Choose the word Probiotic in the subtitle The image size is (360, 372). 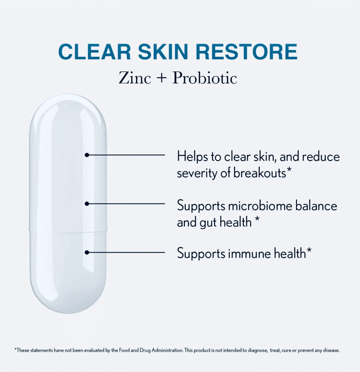click(x=205, y=78)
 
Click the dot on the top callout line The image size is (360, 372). click(x=87, y=154)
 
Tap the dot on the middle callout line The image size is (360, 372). click(x=87, y=204)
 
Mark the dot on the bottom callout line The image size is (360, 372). click(x=87, y=253)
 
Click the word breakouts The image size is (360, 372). click(x=260, y=173)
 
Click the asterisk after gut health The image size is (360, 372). click(x=257, y=220)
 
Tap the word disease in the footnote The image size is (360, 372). click(x=331, y=350)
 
